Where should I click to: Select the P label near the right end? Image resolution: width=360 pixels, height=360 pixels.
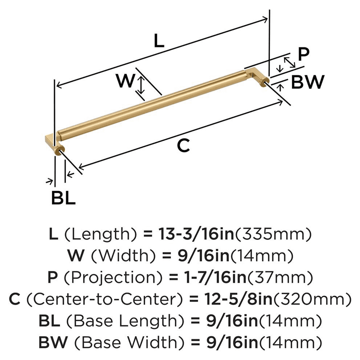[304, 55]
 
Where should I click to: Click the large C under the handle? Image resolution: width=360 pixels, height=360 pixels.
[183, 146]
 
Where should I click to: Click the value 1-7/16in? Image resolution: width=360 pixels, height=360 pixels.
[206, 278]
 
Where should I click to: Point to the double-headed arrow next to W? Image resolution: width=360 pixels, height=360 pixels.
[141, 84]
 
